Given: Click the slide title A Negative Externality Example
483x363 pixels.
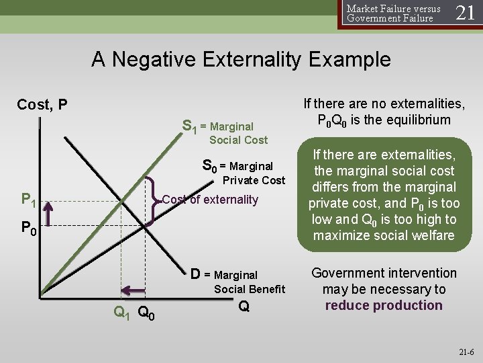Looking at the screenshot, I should (x=241, y=60).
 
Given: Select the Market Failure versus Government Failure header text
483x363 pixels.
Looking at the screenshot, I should (x=393, y=13).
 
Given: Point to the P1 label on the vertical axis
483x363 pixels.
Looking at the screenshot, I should (x=28, y=199).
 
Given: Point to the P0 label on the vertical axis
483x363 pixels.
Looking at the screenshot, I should (x=28, y=229).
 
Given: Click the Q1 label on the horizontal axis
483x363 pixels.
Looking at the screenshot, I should (x=121, y=312).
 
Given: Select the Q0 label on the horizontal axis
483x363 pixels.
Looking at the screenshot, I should (x=148, y=312).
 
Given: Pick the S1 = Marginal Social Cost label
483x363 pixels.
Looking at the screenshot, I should (x=225, y=132).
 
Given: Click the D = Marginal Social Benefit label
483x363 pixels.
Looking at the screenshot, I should (x=238, y=281).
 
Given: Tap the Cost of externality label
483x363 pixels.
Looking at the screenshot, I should (x=211, y=199).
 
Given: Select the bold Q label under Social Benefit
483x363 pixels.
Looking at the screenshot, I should (x=244, y=307).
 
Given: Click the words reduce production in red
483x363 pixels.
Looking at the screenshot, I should (x=384, y=305).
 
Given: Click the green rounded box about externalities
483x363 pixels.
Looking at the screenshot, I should (x=384, y=196).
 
